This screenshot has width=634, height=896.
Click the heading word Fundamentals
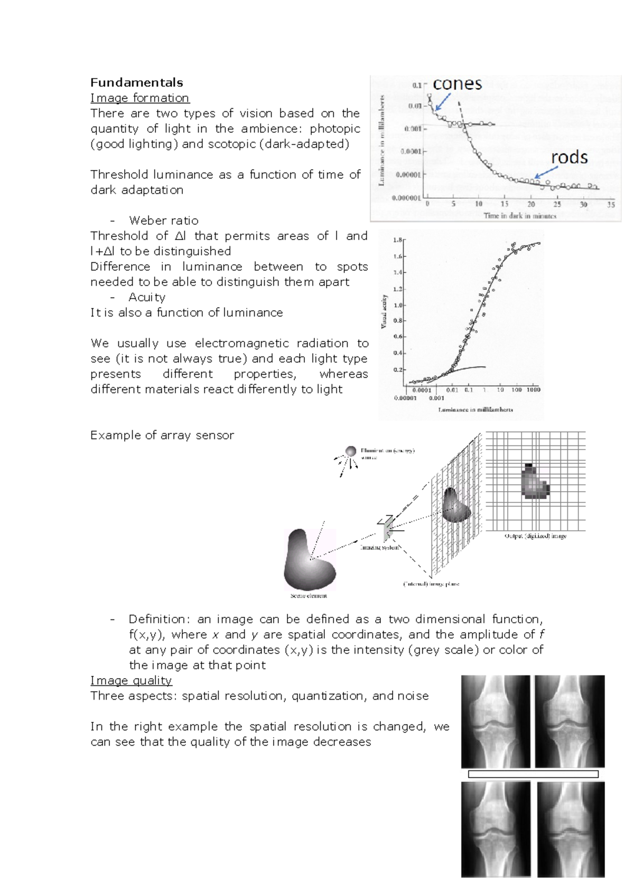(136, 82)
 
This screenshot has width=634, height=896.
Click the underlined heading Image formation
(139, 98)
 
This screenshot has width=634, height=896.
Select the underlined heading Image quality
(131, 681)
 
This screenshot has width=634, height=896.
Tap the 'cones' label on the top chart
(457, 83)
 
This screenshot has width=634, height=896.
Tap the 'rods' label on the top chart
(569, 157)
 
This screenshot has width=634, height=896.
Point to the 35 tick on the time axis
(611, 204)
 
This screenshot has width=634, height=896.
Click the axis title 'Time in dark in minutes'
(520, 215)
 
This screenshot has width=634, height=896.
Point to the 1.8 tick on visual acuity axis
(398, 240)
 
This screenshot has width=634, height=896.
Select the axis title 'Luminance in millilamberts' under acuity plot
(475, 409)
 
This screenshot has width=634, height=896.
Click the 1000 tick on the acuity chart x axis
(533, 389)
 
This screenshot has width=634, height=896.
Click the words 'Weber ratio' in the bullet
(164, 221)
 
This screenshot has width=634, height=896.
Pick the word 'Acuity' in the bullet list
(147, 297)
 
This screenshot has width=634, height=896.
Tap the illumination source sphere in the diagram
(351, 451)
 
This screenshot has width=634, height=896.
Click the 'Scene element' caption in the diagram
(309, 596)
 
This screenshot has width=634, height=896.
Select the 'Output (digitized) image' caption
(535, 536)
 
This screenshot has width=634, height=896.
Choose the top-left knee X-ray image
(495, 721)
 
